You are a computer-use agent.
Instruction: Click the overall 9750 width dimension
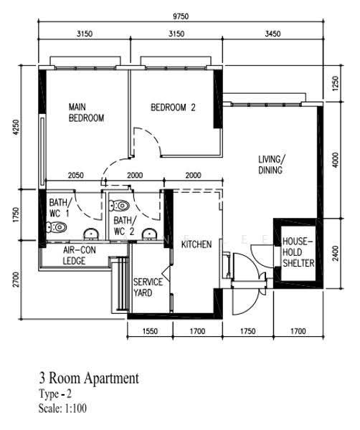coord(181,16)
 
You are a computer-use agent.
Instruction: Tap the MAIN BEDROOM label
coord(86,113)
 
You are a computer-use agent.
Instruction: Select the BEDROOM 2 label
coord(173,107)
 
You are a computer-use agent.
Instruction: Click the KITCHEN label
coord(196,244)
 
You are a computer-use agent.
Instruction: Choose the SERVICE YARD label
coord(148,287)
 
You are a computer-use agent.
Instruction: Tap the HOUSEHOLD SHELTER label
coord(298,252)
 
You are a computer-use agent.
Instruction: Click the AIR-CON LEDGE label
coord(80,255)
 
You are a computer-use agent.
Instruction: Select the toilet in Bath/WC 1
coord(57,227)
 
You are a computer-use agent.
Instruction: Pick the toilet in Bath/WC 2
coord(119,206)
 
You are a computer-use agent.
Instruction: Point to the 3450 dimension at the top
coord(273,34)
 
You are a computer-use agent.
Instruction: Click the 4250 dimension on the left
coord(16,127)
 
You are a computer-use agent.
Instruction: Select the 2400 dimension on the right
coord(336,254)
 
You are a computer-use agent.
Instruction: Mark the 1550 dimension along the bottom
coord(150,331)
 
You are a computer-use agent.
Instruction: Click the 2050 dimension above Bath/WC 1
coord(76,176)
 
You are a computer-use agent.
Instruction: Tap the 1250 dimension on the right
coord(336,84)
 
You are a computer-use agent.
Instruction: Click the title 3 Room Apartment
coord(89,378)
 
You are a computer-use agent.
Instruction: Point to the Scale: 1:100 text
coord(62,408)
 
